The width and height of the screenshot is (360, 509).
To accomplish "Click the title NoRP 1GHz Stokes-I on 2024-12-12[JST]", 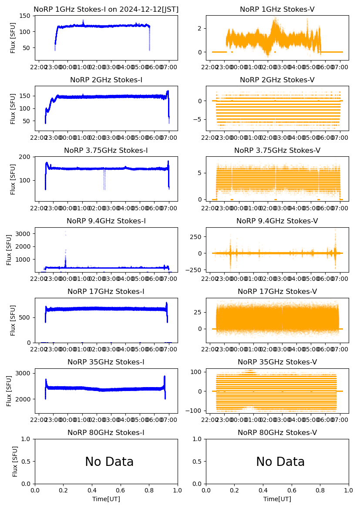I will tap(106, 9).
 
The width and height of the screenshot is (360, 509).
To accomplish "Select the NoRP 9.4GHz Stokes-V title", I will tap(277, 221).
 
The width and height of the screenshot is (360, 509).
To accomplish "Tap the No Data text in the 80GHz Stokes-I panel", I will tap(109, 462).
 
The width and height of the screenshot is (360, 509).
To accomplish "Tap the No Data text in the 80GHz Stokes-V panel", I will tap(280, 462).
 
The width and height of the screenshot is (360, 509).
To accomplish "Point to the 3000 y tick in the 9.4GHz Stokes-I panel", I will tap(24, 234).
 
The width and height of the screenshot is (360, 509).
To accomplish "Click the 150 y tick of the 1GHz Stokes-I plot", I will tap(26, 16).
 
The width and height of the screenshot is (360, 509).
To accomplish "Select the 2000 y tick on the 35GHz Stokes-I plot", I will tap(24, 399).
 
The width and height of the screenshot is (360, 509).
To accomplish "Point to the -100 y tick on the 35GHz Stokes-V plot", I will tap(195, 411).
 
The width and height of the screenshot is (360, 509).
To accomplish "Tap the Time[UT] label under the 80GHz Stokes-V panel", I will tap(277, 499).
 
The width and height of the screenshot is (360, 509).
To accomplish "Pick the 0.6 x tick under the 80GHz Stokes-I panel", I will tap(121, 490).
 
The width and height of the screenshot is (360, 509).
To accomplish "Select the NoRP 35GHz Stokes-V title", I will tap(277, 362).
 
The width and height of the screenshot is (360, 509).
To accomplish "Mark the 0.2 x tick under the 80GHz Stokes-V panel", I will tap(235, 490).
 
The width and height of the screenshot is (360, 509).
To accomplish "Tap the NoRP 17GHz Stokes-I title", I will tap(106, 291).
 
